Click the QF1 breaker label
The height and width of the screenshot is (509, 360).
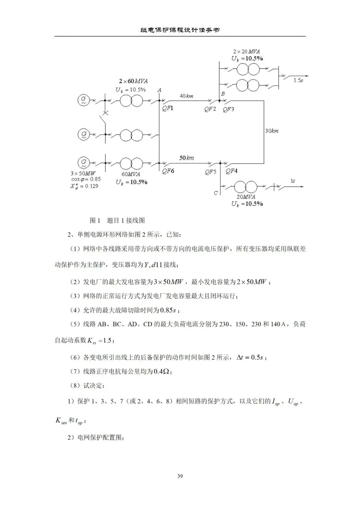tap(168, 109)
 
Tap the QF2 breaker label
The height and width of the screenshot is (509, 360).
tap(210, 109)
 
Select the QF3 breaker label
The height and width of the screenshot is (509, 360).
tap(228, 109)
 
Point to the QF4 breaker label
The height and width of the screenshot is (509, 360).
tap(231, 171)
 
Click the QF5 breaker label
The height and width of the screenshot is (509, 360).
tap(210, 172)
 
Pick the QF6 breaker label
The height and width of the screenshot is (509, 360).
tap(168, 171)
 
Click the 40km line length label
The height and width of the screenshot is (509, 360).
tap(186, 96)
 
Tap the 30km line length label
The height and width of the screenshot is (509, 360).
tap(272, 131)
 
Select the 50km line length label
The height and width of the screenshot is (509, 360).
tap(187, 158)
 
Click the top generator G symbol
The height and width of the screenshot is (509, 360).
tap(83, 100)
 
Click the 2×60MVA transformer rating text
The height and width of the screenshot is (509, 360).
tap(133, 81)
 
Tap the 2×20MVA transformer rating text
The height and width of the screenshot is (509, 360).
tap(246, 52)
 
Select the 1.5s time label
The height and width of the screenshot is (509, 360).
tap(298, 80)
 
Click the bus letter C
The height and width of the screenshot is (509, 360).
tap(216, 193)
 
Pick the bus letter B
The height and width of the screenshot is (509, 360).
tap(223, 94)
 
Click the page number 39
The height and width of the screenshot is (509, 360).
tap(180, 476)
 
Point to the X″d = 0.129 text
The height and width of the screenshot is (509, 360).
tap(84, 186)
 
